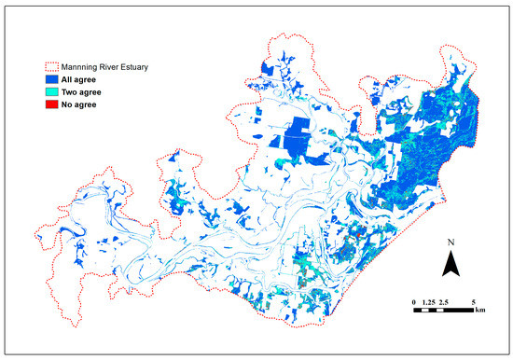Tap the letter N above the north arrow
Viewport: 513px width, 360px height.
point(451,244)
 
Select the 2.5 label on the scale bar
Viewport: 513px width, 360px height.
point(444,303)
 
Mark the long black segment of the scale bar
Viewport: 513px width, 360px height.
point(458,311)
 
